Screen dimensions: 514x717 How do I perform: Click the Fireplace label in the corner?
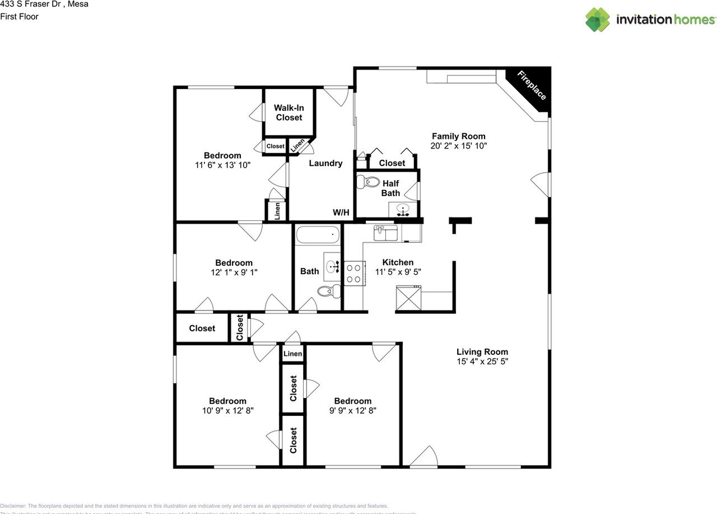(x=531, y=85)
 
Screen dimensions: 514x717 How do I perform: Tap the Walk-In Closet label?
(x=288, y=113)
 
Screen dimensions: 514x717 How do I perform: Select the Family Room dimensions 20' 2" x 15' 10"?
(x=458, y=146)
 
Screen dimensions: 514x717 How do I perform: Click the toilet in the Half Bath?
(x=368, y=182)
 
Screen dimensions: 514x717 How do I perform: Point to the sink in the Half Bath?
(x=402, y=210)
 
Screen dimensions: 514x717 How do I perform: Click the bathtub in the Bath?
(x=318, y=234)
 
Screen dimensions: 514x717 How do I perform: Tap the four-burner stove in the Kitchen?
(x=353, y=274)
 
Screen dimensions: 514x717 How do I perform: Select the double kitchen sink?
(x=386, y=232)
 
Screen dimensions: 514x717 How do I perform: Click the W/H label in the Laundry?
(x=341, y=212)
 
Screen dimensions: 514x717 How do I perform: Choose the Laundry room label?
(x=325, y=163)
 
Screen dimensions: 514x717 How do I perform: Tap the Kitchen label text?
(x=398, y=262)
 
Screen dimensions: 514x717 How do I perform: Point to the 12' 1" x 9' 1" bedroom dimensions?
(x=234, y=272)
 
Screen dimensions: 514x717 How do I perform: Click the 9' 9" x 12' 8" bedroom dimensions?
(x=352, y=410)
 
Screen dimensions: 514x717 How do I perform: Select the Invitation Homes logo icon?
(x=598, y=20)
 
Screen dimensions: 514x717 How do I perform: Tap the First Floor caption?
(x=20, y=17)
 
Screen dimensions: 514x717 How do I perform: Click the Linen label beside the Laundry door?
(x=297, y=145)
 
